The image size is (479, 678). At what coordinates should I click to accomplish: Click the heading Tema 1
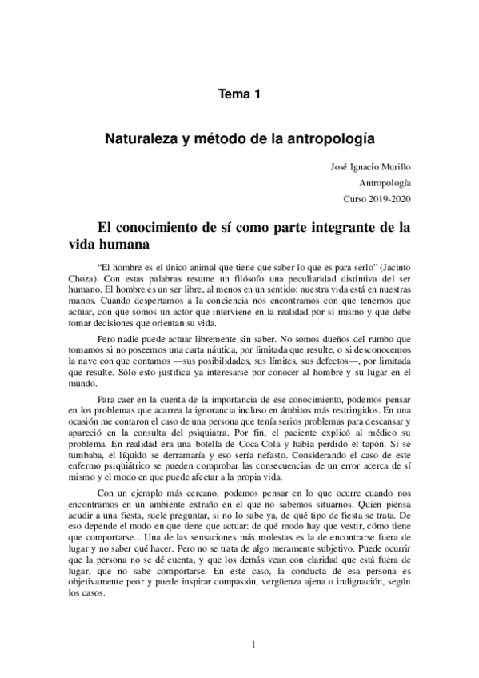coord(240,94)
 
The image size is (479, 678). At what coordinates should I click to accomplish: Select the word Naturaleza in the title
coord(141,138)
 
